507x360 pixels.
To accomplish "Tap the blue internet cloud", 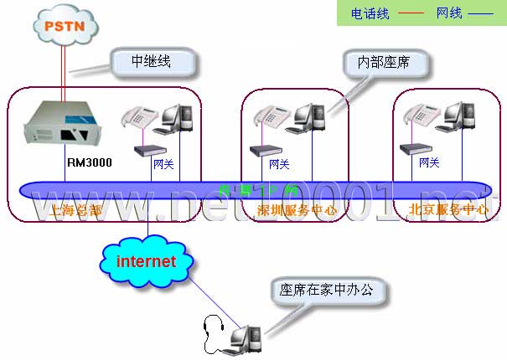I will [x=146, y=261].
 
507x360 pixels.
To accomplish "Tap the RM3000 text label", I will [x=89, y=165].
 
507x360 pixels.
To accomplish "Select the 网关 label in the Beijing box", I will [x=429, y=162].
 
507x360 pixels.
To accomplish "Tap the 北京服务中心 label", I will [x=448, y=210].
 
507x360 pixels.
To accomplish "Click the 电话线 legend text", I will [x=370, y=13].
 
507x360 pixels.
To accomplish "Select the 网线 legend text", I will [x=449, y=13].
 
